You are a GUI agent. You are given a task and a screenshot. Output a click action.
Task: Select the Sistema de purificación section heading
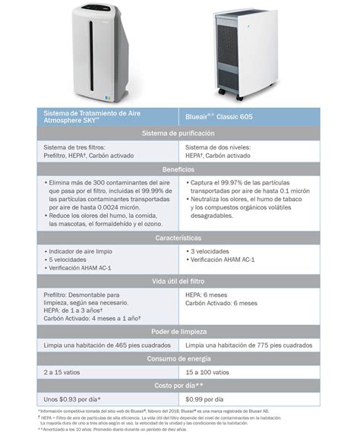coord(180,134)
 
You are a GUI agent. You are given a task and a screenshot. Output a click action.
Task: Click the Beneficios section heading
coord(180,169)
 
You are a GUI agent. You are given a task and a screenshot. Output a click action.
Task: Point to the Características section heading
coord(180,238)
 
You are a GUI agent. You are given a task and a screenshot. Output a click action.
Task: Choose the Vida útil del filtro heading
coord(180,282)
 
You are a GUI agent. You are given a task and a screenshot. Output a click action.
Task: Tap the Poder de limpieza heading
coord(180,331)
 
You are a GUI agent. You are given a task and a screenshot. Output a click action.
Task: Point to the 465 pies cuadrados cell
coord(106,346)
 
